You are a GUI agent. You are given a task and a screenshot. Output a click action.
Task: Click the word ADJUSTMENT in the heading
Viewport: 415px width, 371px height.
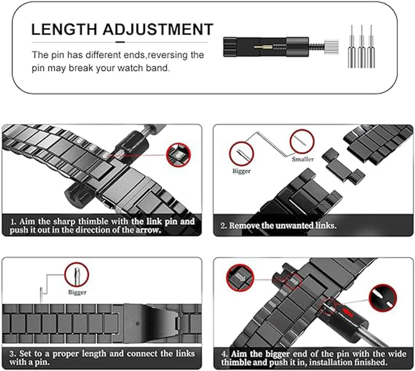pyautogui.click(x=158, y=29)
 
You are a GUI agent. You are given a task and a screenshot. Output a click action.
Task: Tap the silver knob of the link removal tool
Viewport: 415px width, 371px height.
pyautogui.click(x=331, y=47)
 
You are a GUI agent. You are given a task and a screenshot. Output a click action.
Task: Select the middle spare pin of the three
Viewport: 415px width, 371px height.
pyautogui.click(x=361, y=47)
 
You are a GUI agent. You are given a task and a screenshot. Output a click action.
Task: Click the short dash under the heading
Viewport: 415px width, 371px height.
pyautogui.click(x=120, y=42)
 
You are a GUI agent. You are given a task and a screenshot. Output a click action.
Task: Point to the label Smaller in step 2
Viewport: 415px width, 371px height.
pyautogui.click(x=303, y=159)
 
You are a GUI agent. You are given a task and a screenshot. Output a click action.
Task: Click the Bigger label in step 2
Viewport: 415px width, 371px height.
pyautogui.click(x=241, y=171)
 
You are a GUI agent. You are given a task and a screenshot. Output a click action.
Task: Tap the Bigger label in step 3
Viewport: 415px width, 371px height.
pyautogui.click(x=77, y=292)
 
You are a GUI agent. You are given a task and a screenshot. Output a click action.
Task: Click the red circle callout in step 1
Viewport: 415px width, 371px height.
pyautogui.click(x=178, y=155)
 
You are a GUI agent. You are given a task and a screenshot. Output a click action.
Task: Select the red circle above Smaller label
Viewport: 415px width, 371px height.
pyautogui.click(x=302, y=141)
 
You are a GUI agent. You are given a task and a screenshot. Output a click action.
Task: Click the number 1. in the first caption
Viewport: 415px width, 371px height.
pyautogui.click(x=13, y=222)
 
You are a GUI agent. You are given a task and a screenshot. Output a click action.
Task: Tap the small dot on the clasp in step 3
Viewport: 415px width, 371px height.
pyautogui.click(x=138, y=323)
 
